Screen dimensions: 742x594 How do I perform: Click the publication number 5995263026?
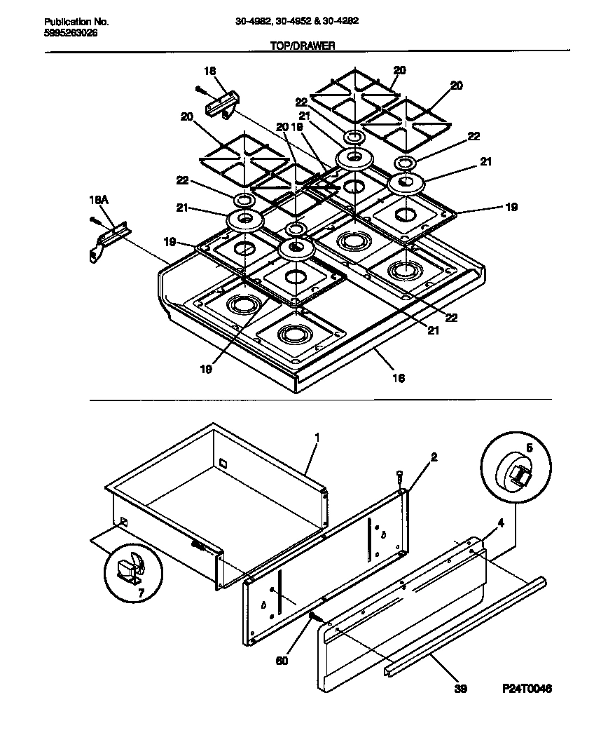tap(66, 32)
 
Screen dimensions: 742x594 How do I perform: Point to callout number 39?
tap(461, 689)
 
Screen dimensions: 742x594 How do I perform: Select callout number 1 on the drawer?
tap(317, 437)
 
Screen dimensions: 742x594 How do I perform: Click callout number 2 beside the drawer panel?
tap(434, 457)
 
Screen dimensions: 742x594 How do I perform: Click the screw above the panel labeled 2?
tap(399, 477)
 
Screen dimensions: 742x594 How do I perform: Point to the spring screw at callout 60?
tap(316, 616)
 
